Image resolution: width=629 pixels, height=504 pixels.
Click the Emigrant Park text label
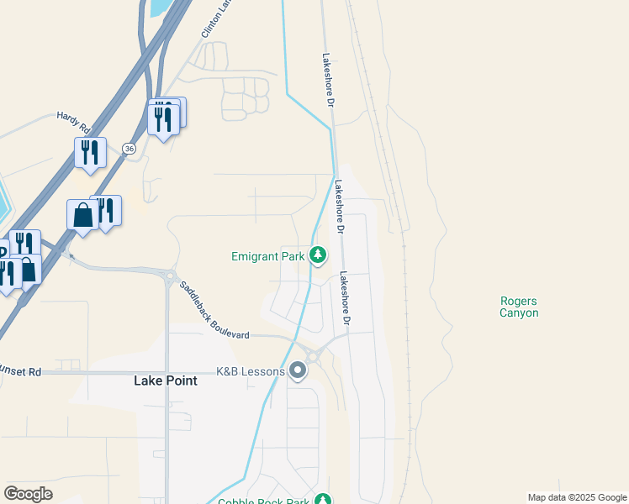point(267,256)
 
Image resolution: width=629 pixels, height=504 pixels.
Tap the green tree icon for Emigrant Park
point(318,254)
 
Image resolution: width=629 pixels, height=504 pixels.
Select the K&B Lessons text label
point(250,370)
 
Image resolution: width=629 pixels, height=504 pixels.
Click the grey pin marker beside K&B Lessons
point(298,370)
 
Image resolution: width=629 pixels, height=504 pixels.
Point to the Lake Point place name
point(166,381)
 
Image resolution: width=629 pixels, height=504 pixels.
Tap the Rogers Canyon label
point(519,307)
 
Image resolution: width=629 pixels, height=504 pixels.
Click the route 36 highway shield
point(128,148)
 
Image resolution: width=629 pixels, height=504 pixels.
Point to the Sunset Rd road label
point(21,371)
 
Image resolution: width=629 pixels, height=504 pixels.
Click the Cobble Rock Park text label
point(262,502)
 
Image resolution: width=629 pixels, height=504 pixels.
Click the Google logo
point(28,494)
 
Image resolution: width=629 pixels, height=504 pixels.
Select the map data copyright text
point(577,497)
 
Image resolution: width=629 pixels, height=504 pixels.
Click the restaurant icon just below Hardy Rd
point(90,153)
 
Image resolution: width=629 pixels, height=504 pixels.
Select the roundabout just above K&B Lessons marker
point(312,355)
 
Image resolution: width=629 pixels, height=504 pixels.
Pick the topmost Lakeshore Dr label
point(328,80)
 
